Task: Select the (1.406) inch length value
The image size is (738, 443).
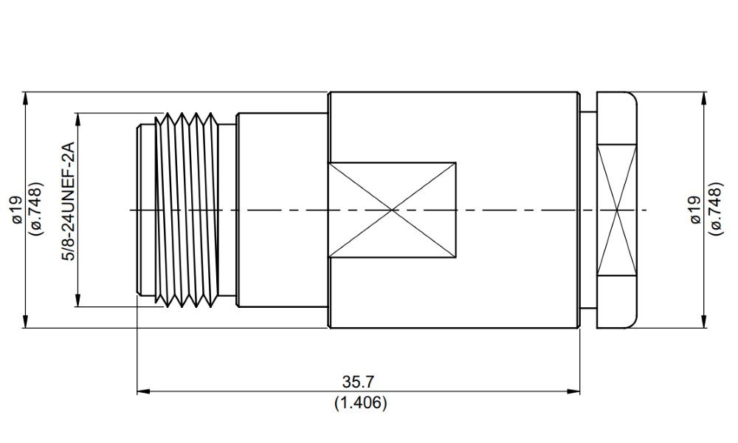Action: pos(361,403)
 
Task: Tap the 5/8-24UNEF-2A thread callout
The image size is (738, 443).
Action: pos(69,201)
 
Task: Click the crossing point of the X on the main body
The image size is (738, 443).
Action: pos(392,210)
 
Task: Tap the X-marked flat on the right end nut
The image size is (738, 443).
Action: pos(616,210)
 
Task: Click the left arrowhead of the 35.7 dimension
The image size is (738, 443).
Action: pos(143,391)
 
